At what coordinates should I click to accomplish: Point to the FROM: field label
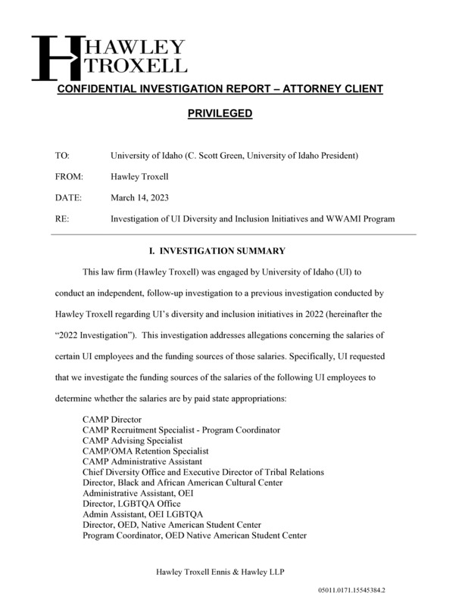pos(69,177)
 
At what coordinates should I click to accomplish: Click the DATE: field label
pos(68,198)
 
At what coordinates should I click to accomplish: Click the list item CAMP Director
pos(112,419)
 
